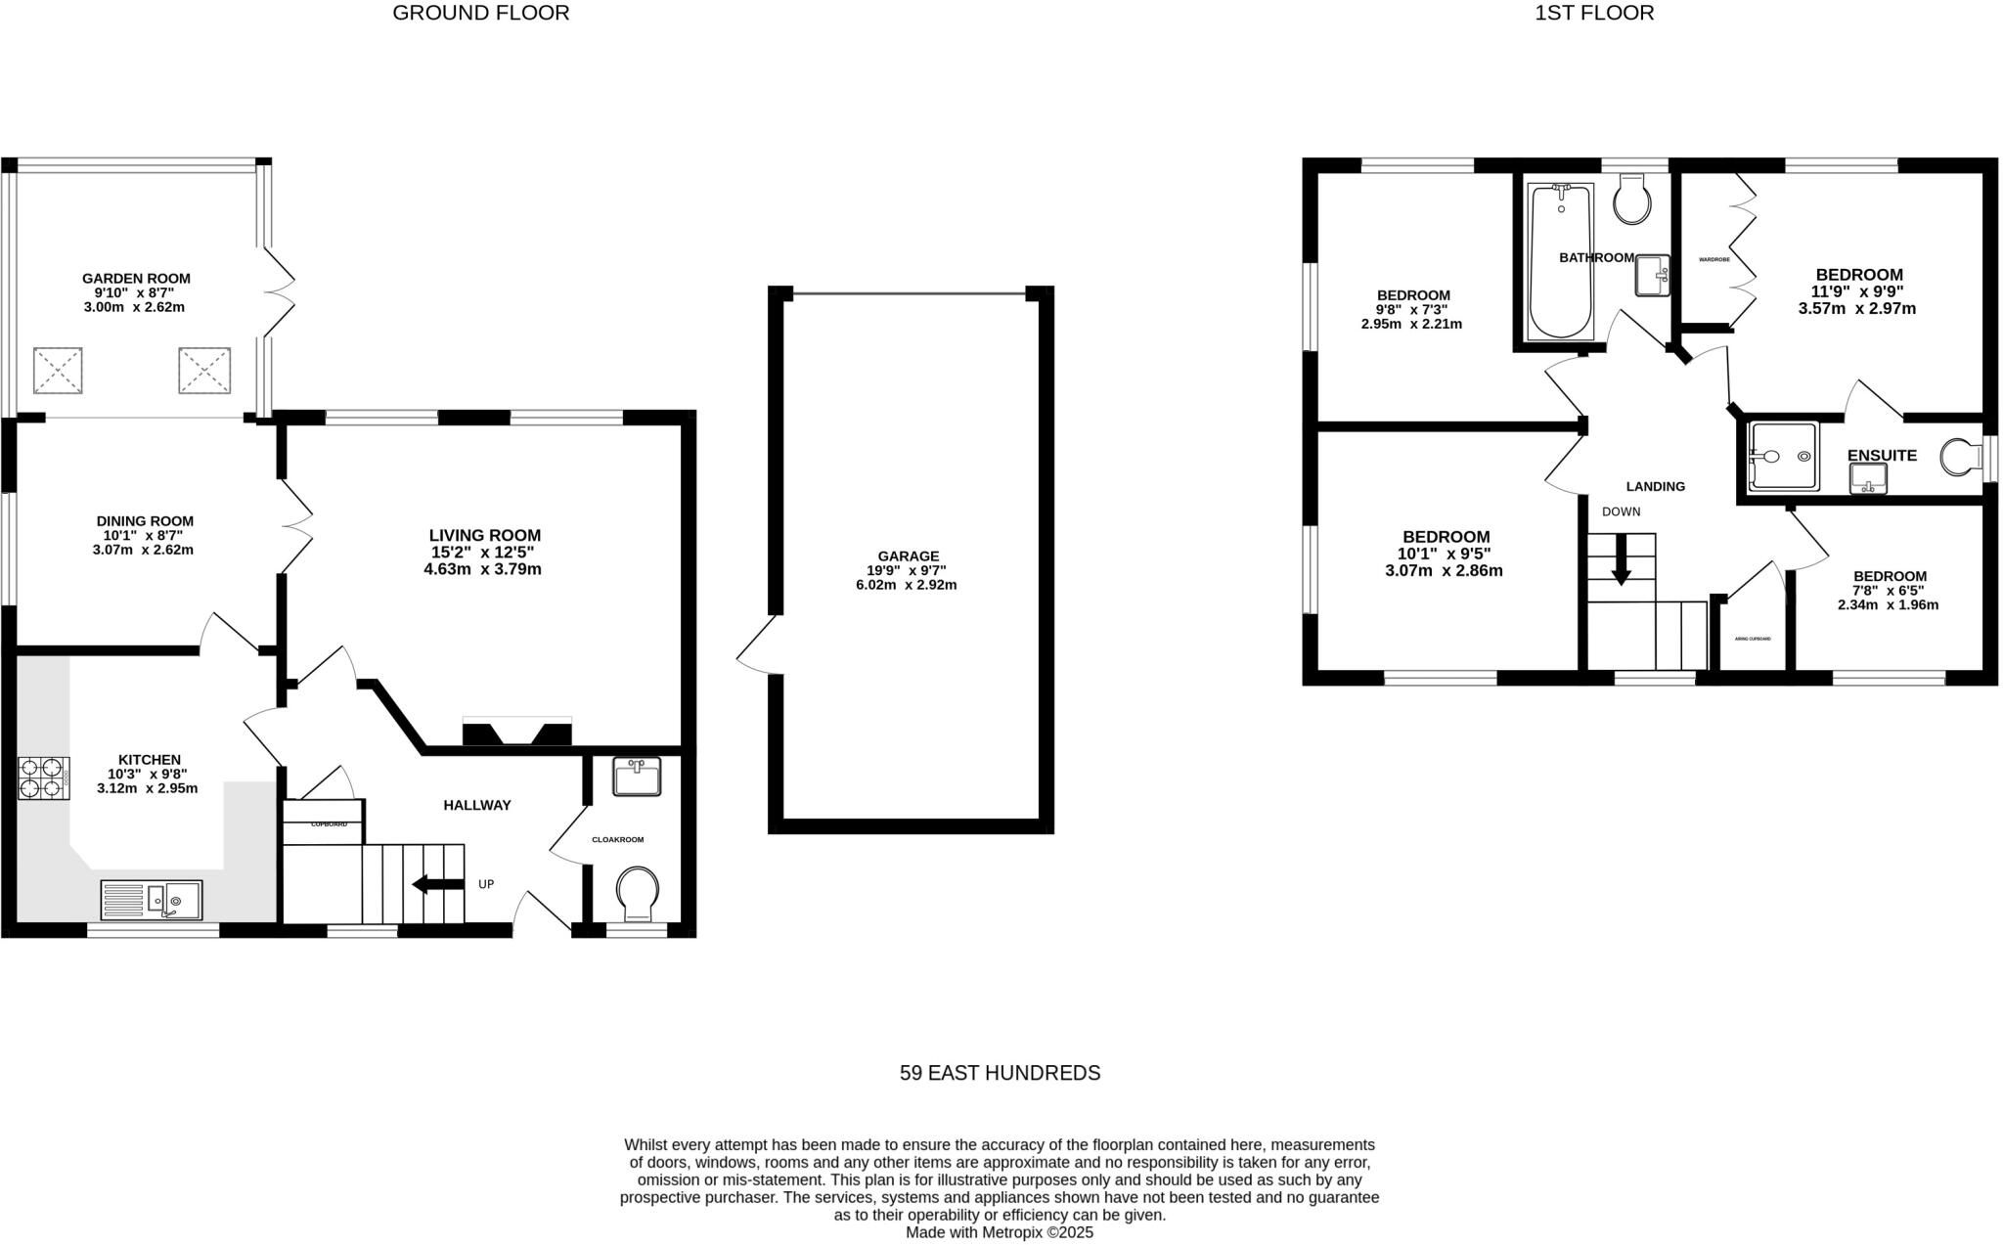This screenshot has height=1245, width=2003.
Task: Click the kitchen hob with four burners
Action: click(x=43, y=778)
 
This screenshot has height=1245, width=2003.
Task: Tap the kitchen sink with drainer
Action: click(x=152, y=900)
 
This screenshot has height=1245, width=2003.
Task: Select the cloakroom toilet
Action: click(x=638, y=893)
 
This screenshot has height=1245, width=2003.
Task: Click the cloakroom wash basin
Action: click(x=637, y=777)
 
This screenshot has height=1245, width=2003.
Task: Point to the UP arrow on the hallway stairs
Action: click(x=438, y=884)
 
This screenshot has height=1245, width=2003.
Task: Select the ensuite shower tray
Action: click(x=1783, y=456)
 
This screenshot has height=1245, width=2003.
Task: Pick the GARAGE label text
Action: click(x=908, y=556)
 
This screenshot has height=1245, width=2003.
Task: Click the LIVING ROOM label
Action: click(x=484, y=535)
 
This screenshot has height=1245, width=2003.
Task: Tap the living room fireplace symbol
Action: click(x=516, y=734)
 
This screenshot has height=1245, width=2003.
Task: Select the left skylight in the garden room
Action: click(x=58, y=371)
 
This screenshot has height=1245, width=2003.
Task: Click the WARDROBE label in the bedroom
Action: click(x=1714, y=259)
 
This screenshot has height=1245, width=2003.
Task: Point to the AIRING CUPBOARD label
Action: click(x=1753, y=639)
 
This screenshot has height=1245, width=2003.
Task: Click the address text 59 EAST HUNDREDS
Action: click(x=1000, y=1073)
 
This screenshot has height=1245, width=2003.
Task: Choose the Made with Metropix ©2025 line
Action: click(x=1000, y=1233)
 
